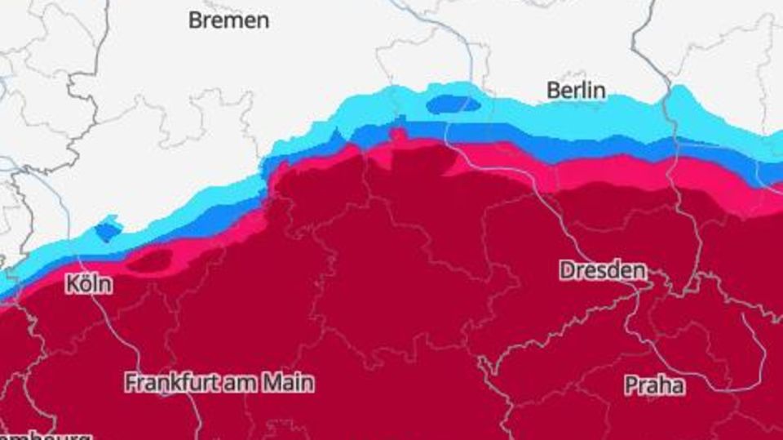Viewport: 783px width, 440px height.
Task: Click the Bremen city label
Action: point(228,20)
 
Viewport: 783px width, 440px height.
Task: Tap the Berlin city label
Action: point(576,90)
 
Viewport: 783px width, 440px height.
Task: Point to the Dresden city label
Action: point(603,270)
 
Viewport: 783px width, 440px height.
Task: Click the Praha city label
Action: point(654,384)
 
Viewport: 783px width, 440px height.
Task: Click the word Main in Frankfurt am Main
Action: point(289,382)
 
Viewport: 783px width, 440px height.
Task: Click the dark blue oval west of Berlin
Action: point(453,104)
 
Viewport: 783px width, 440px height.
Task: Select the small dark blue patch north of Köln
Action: point(108,231)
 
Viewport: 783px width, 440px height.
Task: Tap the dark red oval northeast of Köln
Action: point(150,260)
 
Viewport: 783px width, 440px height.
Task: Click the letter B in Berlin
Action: point(552,90)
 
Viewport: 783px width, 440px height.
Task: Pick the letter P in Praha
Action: point(630,384)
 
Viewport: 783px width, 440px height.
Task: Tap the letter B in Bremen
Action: point(195,20)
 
